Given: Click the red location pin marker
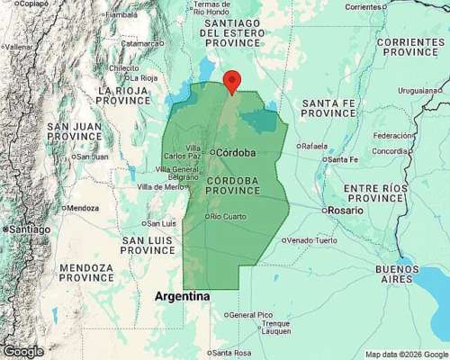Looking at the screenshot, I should point(231,80).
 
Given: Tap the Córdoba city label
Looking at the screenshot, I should point(236,152).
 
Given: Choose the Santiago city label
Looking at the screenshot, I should point(30,229).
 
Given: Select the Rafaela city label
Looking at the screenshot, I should point(316,145).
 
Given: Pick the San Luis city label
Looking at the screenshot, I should point(161,223).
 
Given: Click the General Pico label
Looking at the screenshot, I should point(250,315).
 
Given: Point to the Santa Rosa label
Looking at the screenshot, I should point(233,351).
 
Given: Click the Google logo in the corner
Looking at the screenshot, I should point(22,351).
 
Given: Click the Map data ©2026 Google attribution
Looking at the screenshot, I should point(406,354).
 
